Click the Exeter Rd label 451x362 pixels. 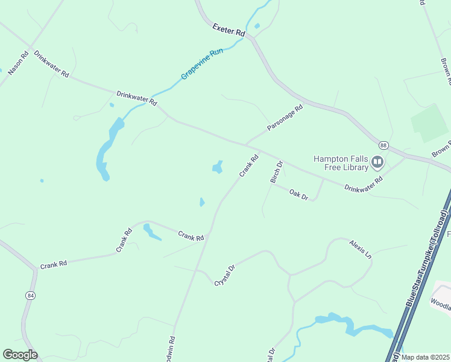click(x=229, y=30)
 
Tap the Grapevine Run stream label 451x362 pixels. click(x=202, y=65)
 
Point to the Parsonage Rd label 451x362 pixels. click(x=284, y=118)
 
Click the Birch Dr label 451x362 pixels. click(x=276, y=172)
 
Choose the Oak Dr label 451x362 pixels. click(x=298, y=195)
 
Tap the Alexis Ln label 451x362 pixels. click(x=360, y=249)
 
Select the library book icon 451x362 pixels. click(x=377, y=162)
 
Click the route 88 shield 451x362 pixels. click(x=383, y=145)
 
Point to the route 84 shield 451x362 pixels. click(x=30, y=295)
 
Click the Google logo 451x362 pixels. click(x=20, y=355)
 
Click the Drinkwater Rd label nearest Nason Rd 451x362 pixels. click(x=52, y=63)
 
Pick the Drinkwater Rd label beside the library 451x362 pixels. click(x=364, y=184)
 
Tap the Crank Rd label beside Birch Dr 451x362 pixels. click(x=248, y=166)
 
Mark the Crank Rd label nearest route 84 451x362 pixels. click(x=54, y=264)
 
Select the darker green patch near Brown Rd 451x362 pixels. click(x=430, y=122)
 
